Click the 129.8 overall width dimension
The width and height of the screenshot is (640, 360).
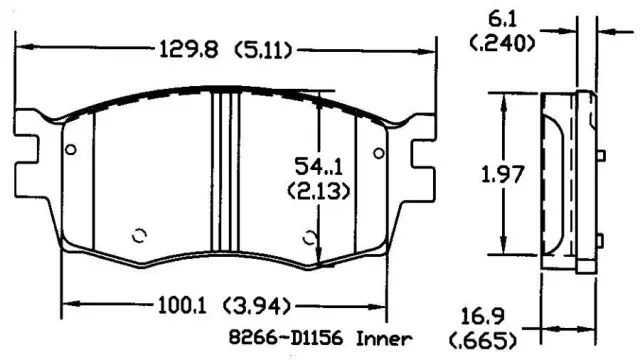point(189,50)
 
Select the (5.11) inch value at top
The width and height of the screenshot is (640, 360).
point(264,50)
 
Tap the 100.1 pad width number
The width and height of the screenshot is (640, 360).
point(182,305)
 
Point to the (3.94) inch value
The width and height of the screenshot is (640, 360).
point(258,306)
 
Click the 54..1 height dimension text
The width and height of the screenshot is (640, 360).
point(319,167)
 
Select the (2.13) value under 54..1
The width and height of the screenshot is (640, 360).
point(319,191)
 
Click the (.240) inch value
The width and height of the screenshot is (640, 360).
point(502,43)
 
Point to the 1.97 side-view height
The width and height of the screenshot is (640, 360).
point(502,174)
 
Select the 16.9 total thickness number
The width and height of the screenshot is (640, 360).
point(483,316)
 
